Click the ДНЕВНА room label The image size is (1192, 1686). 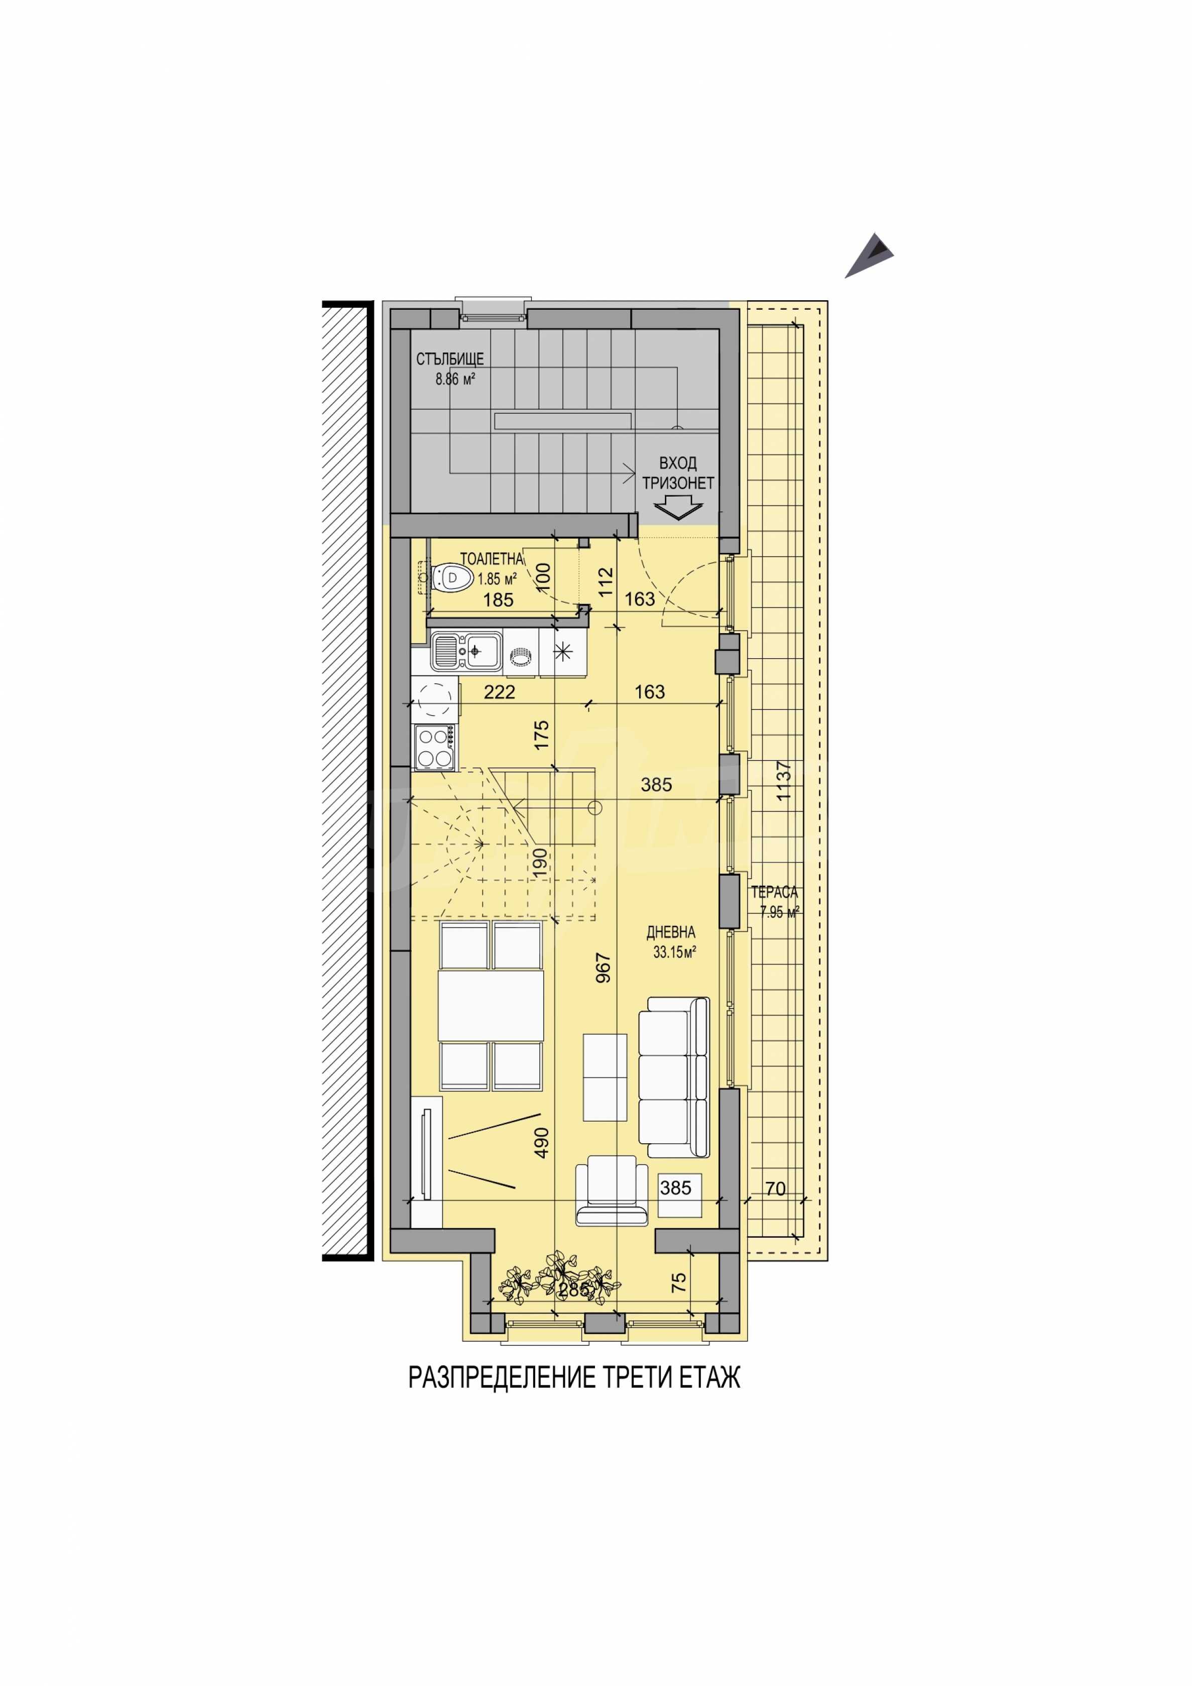(x=670, y=932)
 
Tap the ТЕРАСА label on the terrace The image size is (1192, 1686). (x=774, y=893)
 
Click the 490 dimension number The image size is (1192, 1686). (x=541, y=1143)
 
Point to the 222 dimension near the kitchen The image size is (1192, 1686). (x=500, y=692)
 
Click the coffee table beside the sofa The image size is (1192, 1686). (x=605, y=1087)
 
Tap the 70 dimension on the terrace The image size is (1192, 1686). (x=776, y=1189)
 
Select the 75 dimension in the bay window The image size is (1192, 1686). (x=679, y=1282)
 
